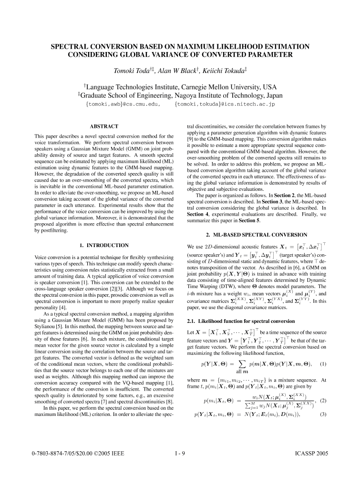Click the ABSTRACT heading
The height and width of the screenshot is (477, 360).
pyautogui.click(x=104, y=126)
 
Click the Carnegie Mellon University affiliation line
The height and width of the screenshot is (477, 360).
pyautogui.click(x=180, y=87)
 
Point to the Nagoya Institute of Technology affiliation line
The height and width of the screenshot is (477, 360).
pyautogui.click(x=180, y=95)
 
